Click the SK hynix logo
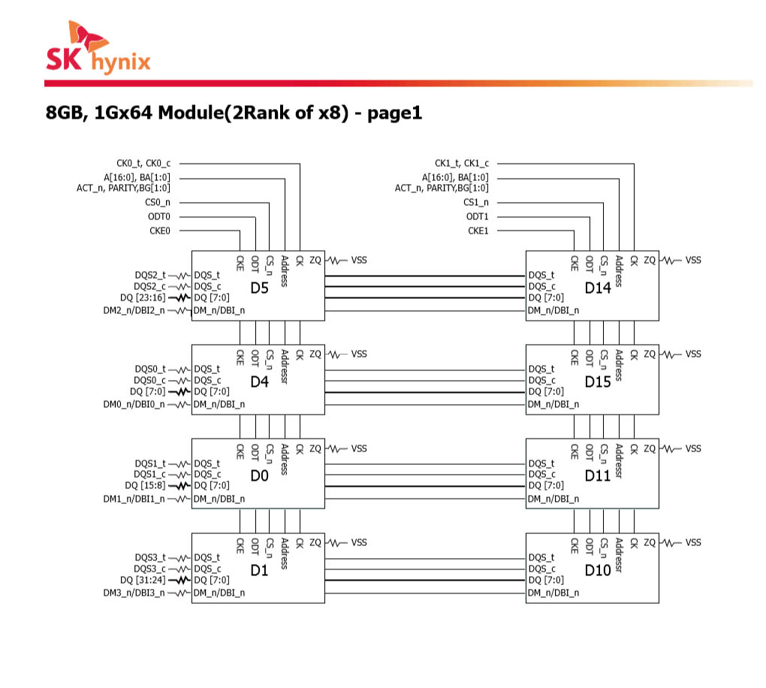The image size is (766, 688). click(98, 50)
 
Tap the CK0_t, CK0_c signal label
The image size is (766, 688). click(143, 163)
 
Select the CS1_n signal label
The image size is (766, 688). click(475, 202)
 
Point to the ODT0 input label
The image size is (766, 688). click(158, 216)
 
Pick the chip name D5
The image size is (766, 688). click(259, 288)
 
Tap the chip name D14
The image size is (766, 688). click(598, 288)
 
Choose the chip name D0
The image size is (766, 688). click(259, 476)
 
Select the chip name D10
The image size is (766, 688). click(598, 571)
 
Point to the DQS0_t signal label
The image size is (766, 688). click(150, 369)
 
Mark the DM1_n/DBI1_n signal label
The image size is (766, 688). click(134, 499)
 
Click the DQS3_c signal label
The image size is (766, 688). click(150, 569)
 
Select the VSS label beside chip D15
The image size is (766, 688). click(693, 354)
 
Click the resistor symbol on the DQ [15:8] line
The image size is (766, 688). click(179, 486)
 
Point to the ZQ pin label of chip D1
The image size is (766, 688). click(315, 542)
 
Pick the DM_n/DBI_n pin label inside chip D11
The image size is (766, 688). click(553, 499)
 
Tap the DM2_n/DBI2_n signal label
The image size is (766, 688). click(134, 310)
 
